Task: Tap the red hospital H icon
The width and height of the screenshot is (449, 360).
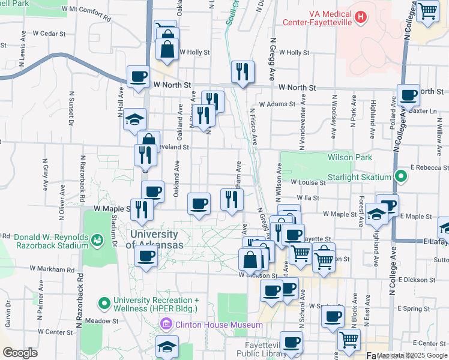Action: coord(360,17)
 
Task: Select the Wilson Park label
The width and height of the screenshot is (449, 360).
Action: coord(350,157)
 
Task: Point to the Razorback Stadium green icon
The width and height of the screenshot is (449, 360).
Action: coord(97,241)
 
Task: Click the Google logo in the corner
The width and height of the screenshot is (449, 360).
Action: coord(20,353)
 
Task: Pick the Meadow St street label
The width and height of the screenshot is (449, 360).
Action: coord(101,321)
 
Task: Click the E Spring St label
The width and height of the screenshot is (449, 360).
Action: coord(413,308)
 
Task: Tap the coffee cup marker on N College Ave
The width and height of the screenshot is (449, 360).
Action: coord(409,94)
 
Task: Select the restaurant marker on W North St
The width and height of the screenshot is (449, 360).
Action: coord(243,71)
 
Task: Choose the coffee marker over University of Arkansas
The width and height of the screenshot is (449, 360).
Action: coord(145,256)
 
